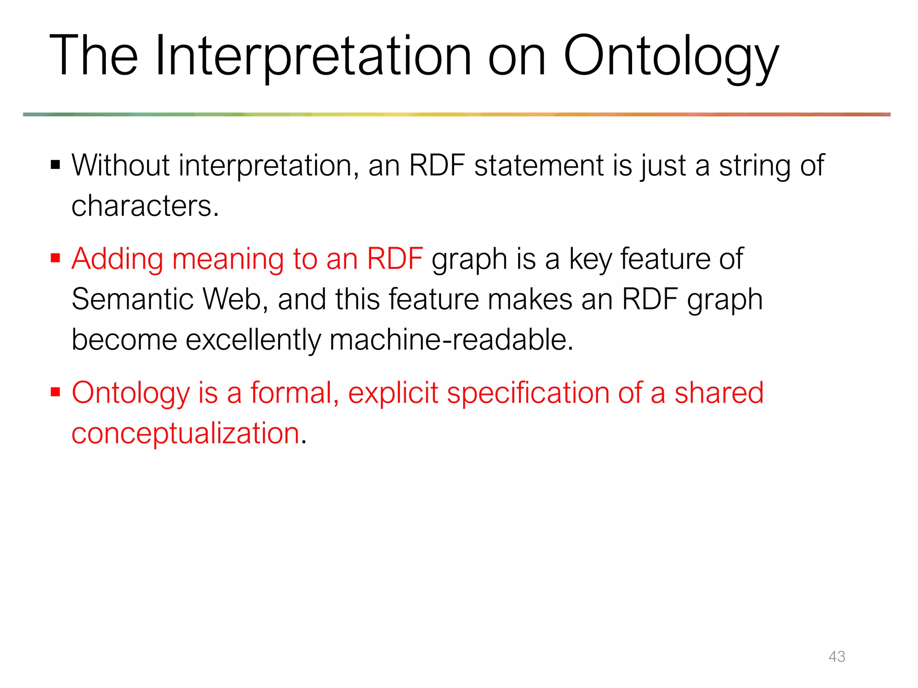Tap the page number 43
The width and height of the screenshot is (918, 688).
point(836,656)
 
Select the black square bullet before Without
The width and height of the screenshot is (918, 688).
point(56,165)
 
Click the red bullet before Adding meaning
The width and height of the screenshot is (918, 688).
point(56,258)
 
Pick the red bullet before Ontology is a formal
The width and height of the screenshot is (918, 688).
point(56,392)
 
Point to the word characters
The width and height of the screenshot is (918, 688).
point(145,206)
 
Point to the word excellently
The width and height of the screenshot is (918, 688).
point(253,339)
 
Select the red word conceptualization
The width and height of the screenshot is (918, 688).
point(186,434)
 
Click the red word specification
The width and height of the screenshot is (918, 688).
point(528,393)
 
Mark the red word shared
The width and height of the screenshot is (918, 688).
point(719,392)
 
